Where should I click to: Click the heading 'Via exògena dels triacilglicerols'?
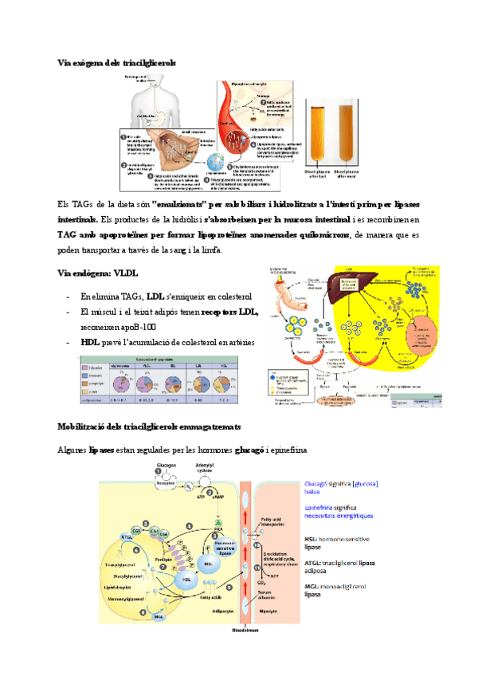[118, 62]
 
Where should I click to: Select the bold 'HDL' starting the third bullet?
[90, 342]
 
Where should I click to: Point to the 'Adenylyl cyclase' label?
[205, 468]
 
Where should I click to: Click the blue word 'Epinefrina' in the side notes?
[322, 506]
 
